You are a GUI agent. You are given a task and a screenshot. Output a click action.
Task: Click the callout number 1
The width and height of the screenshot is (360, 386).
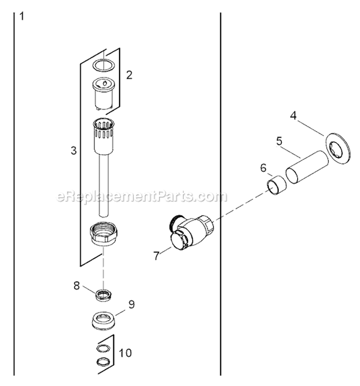[x=22, y=16]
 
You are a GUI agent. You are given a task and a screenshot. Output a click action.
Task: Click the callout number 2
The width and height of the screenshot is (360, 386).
[x=129, y=75]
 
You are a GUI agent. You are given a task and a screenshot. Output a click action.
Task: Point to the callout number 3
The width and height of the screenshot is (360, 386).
[x=73, y=150]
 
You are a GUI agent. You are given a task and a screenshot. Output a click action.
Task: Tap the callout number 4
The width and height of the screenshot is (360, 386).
[x=293, y=115]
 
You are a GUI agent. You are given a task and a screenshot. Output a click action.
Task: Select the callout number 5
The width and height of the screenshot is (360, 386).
[x=279, y=141]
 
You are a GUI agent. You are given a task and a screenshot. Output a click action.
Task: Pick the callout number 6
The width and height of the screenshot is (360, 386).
[x=264, y=168]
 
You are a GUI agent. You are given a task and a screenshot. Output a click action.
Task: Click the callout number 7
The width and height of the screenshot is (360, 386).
[x=156, y=255]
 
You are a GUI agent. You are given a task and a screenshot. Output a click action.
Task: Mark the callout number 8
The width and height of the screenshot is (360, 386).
[x=77, y=286]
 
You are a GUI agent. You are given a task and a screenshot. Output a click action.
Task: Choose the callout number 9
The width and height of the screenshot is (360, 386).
[x=132, y=304]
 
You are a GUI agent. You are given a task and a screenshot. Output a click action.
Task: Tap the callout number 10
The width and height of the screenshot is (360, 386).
[x=125, y=353]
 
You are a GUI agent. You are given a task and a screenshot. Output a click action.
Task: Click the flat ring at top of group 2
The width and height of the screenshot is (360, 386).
[x=104, y=65]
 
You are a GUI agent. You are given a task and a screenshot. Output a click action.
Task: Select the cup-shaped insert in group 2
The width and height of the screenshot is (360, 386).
[x=104, y=94]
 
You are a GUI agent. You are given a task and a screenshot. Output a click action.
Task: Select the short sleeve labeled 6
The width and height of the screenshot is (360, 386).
[x=277, y=185]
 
